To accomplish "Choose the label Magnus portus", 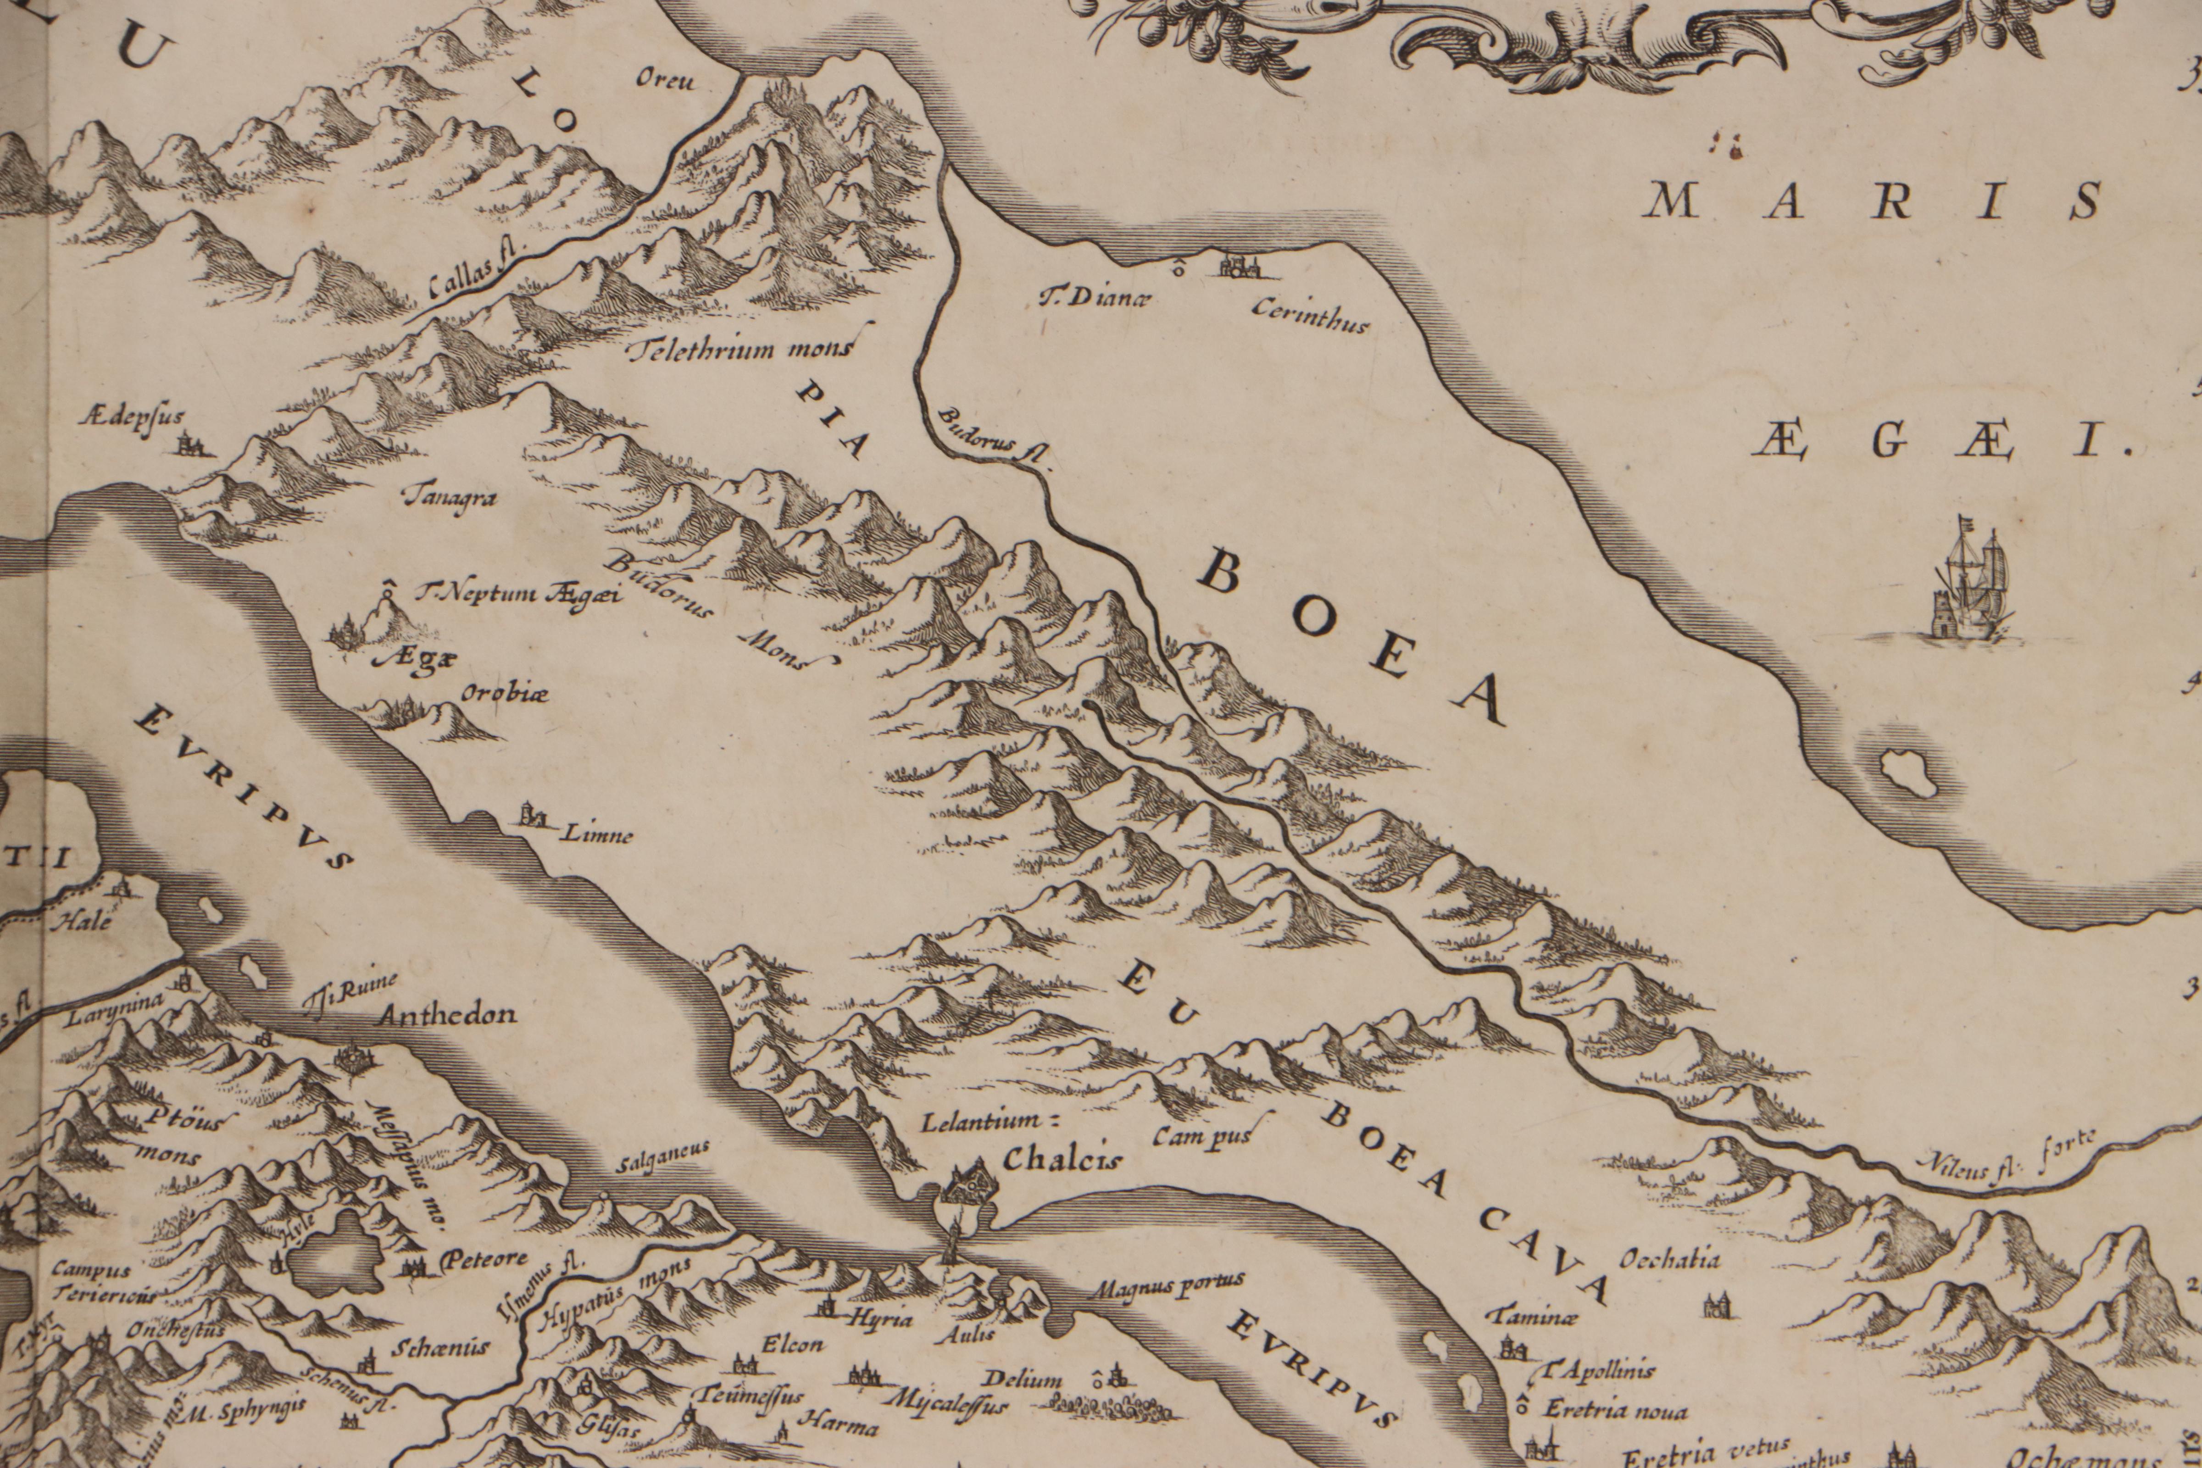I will (x=1167, y=1282).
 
